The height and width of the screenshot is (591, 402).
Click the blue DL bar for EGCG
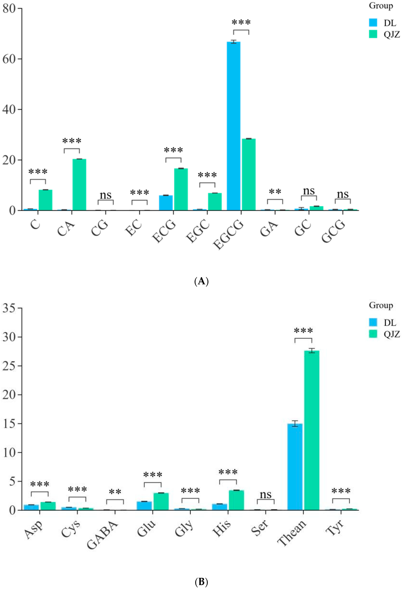(x=233, y=126)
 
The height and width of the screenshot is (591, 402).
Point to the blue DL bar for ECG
(x=166, y=203)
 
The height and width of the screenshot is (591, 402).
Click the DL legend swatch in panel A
(x=373, y=23)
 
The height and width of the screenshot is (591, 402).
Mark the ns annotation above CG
(x=106, y=195)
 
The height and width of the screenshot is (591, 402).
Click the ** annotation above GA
(x=275, y=192)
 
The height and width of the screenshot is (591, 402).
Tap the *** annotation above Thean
(x=303, y=331)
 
